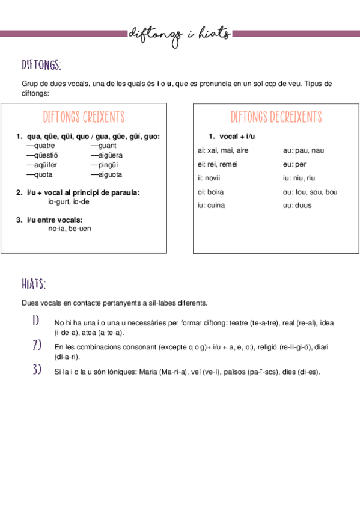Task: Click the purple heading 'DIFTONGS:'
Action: pyautogui.click(x=41, y=65)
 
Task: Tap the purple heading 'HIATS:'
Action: pyautogui.click(x=34, y=284)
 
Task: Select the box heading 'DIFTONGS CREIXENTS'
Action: pyautogui.click(x=84, y=117)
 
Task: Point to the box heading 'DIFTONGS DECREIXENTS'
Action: pyautogui.click(x=276, y=117)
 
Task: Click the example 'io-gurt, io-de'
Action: pyautogui.click(x=69, y=202)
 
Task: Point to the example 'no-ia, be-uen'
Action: pyautogui.click(x=70, y=229)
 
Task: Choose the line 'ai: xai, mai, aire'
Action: pyautogui.click(x=223, y=150)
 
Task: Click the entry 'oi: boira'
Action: pyautogui.click(x=210, y=192)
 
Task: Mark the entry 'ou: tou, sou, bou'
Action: pyautogui.click(x=310, y=192)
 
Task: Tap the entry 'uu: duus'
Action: pyautogui.click(x=297, y=206)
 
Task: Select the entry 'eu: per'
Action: pyautogui.click(x=294, y=164)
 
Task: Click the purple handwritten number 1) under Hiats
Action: pyautogui.click(x=37, y=321)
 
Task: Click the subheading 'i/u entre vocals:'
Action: pyautogui.click(x=55, y=220)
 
